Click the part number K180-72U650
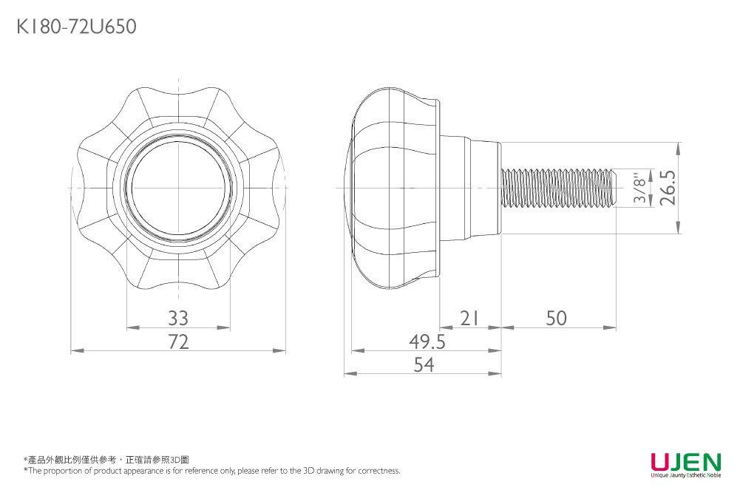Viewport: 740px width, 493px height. pyautogui.click(x=76, y=27)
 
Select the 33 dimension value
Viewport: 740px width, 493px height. pyautogui.click(x=178, y=319)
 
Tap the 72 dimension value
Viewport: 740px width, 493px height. pyautogui.click(x=178, y=342)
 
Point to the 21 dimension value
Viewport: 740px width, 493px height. pyautogui.click(x=469, y=319)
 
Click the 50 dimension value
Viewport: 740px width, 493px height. pyautogui.click(x=557, y=319)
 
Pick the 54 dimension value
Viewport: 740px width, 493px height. pyautogui.click(x=424, y=364)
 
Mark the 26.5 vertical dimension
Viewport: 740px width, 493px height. pyautogui.click(x=668, y=188)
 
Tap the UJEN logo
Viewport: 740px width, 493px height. pyautogui.click(x=686, y=461)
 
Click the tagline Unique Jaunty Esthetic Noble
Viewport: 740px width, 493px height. pyautogui.click(x=686, y=475)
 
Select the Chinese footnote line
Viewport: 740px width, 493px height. pyautogui.click(x=106, y=460)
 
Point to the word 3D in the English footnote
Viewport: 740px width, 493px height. pyautogui.click(x=308, y=470)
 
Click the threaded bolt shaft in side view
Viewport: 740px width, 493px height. pyautogui.click(x=559, y=188)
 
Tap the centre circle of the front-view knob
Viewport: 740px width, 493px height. pyautogui.click(x=178, y=188)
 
